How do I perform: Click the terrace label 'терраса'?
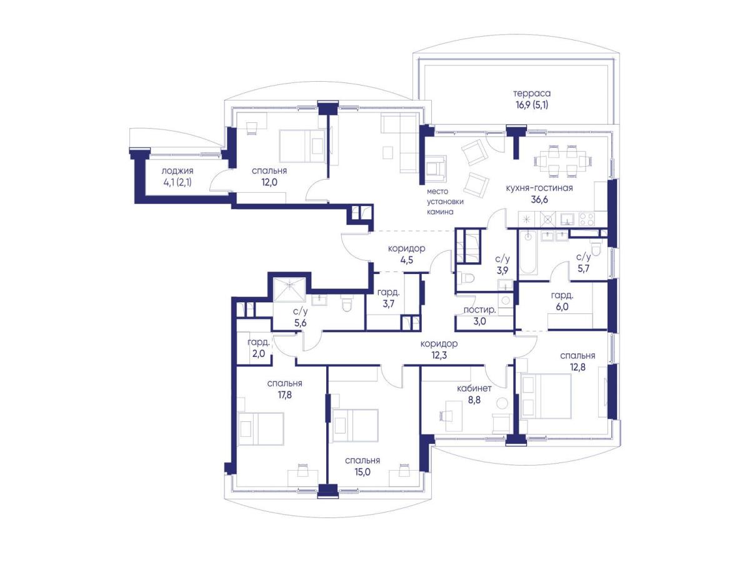coord(532,93)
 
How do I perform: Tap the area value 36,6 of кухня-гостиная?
coord(539,200)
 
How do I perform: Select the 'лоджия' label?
coord(177,170)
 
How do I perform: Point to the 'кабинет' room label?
coord(474,388)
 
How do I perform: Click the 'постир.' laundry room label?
coord(479,310)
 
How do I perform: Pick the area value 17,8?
coord(284,395)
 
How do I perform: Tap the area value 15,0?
coord(362,472)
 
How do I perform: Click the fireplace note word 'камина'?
coord(440,212)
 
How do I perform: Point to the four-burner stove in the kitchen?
coord(587,219)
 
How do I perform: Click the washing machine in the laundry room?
coord(506,300)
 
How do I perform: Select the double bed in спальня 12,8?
coord(546,396)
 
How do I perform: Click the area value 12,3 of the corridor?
coord(439,355)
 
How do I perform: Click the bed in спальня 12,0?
coord(302,145)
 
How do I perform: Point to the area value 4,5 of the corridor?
coord(407,260)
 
